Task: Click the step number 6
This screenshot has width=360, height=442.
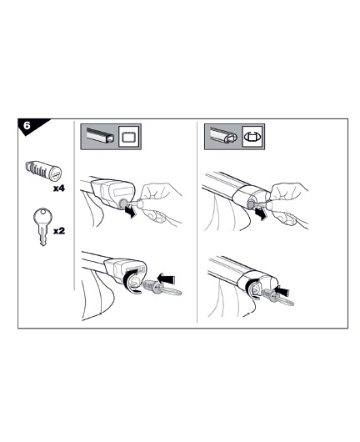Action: point(27,125)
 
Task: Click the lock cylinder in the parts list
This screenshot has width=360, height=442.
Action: point(43,171)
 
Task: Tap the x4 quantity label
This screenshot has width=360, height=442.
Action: point(59,188)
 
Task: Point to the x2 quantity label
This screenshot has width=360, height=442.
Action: point(59,231)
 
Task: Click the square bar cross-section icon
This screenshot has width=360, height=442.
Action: point(129,137)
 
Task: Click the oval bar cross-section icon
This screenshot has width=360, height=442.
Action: point(252,137)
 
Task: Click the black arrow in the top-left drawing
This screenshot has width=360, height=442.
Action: point(130,212)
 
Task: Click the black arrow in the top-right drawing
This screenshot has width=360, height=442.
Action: point(260,215)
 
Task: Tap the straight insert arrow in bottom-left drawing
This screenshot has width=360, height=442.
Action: point(166,279)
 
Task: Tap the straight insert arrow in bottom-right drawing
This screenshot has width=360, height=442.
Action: point(282,291)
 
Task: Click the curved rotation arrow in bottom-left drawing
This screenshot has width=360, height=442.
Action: point(128,282)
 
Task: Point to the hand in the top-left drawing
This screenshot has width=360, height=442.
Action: point(159,203)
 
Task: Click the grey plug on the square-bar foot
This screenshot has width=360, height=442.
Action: point(122,203)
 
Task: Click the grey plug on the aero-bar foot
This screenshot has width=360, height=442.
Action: point(251,205)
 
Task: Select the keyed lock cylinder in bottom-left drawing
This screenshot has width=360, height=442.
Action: point(162,289)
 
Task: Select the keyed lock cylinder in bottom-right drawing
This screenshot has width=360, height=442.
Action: point(277,299)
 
